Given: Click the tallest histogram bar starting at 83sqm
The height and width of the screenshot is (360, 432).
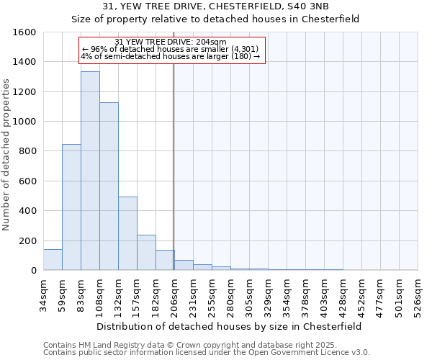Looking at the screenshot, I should pyautogui.click(x=90, y=171).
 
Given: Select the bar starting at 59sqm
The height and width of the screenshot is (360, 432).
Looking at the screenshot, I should pyautogui.click(x=71, y=207).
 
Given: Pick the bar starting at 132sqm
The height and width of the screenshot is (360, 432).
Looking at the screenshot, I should pyautogui.click(x=127, y=233).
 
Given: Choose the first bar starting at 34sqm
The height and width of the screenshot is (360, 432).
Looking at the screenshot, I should pyautogui.click(x=53, y=260).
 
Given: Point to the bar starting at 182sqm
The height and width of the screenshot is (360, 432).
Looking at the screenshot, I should pyautogui.click(x=165, y=260).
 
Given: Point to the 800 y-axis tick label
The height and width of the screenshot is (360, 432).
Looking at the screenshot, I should pyautogui.click(x=27, y=151).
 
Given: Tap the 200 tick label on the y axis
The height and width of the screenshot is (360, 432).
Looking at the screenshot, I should pyautogui.click(x=27, y=241).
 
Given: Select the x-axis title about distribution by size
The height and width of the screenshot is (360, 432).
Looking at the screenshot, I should pyautogui.click(x=230, y=326).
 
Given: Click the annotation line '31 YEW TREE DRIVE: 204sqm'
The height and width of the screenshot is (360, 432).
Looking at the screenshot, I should pyautogui.click(x=171, y=42).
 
